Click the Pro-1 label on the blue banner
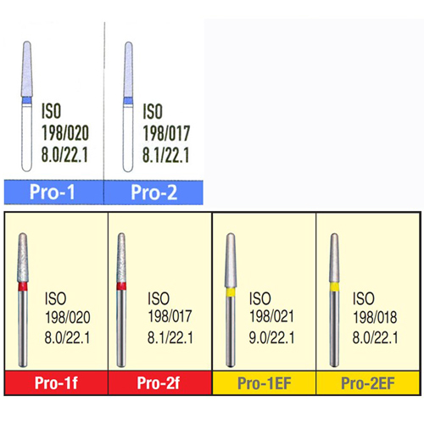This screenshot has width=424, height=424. (x=53, y=192)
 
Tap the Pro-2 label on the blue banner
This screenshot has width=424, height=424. (x=154, y=192)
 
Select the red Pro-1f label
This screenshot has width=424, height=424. (x=56, y=383)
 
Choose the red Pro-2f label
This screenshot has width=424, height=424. (x=159, y=383)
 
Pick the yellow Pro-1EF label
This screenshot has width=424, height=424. (x=265, y=383)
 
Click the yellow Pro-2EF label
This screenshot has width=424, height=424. (x=368, y=383)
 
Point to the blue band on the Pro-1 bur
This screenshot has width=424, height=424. (x=27, y=100)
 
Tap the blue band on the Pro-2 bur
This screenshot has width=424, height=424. (x=128, y=101)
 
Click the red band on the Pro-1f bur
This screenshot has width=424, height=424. (x=23, y=287)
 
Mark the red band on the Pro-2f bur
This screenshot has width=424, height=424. (x=121, y=286)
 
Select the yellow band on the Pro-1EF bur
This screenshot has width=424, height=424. (x=231, y=293)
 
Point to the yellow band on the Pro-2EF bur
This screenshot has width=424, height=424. (x=334, y=287)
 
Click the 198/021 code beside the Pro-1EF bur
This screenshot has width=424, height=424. (x=271, y=316)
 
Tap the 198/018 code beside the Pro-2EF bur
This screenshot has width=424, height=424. (x=375, y=317)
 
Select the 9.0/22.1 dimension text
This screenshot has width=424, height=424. (x=271, y=338)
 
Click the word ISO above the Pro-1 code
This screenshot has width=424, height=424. (x=51, y=111)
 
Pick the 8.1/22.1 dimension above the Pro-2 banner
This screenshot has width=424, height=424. (x=165, y=155)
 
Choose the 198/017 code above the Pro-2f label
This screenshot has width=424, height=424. (x=170, y=316)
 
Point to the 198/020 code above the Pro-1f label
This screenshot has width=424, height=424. (x=68, y=317)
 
